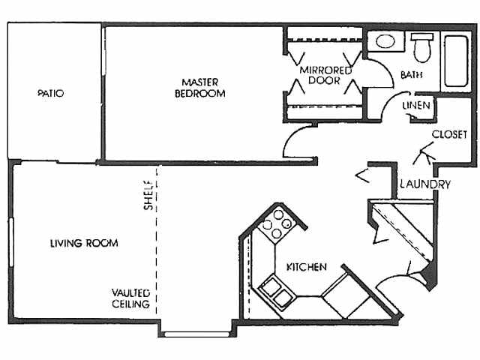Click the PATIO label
[51, 94]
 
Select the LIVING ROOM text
[84, 243]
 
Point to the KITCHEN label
[305, 266]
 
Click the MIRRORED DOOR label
[325, 76]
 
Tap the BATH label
[411, 75]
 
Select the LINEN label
[416, 106]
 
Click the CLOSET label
[450, 134]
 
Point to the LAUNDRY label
[424, 184]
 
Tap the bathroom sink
[387, 41]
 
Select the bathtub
[457, 59]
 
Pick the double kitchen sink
[275, 292]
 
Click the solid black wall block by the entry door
[430, 278]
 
